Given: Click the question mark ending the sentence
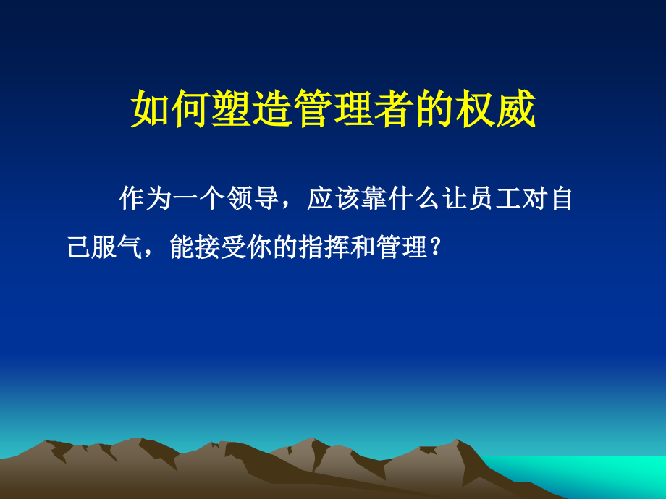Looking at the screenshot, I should tap(435, 248).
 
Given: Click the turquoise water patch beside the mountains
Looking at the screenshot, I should tap(594, 474).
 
